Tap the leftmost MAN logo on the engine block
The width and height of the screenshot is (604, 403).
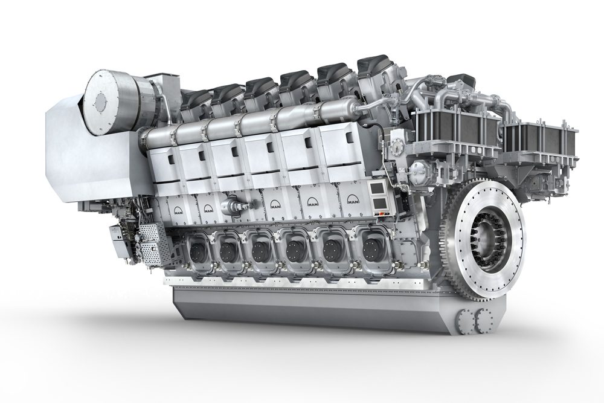pos(178,210)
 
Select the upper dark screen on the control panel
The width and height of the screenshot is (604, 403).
pos(375,188)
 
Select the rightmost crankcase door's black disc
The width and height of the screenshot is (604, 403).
pos(371,245)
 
